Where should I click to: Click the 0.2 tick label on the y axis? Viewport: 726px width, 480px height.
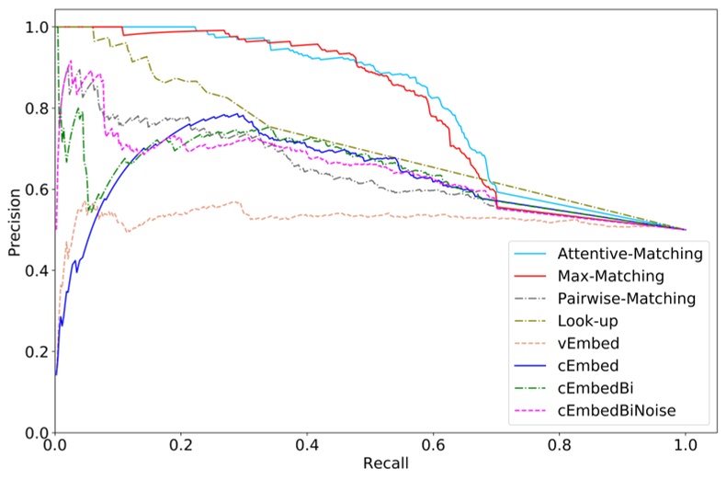(35, 351)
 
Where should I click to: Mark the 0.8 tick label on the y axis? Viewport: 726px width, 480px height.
(35, 109)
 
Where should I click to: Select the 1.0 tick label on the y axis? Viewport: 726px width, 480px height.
(35, 28)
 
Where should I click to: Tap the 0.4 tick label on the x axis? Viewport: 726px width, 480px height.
(308, 446)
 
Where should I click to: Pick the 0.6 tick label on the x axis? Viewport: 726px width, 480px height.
(434, 446)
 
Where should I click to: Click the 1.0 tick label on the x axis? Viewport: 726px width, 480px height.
(686, 446)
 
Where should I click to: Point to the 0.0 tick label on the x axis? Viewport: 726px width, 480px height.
(56, 446)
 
